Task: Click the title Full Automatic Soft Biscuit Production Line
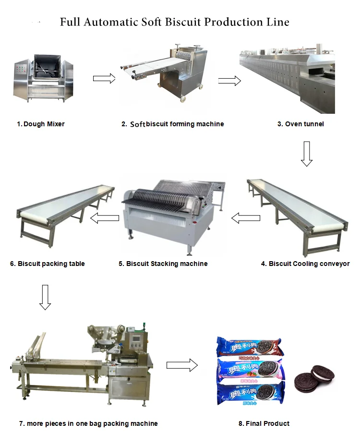[x=175, y=22]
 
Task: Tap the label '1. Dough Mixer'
[x=41, y=124]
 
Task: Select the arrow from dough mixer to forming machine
[x=104, y=78]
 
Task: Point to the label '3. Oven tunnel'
[x=300, y=124]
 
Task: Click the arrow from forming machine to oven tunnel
[x=229, y=81]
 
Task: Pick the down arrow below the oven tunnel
[x=307, y=154]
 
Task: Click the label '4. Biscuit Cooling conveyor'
[x=305, y=264]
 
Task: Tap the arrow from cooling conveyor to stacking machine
[x=245, y=218]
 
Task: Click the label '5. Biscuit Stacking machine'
[x=163, y=264]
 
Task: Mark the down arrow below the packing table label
[x=45, y=297]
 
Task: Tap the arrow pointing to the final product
[x=182, y=365]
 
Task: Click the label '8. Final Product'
[x=264, y=423]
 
